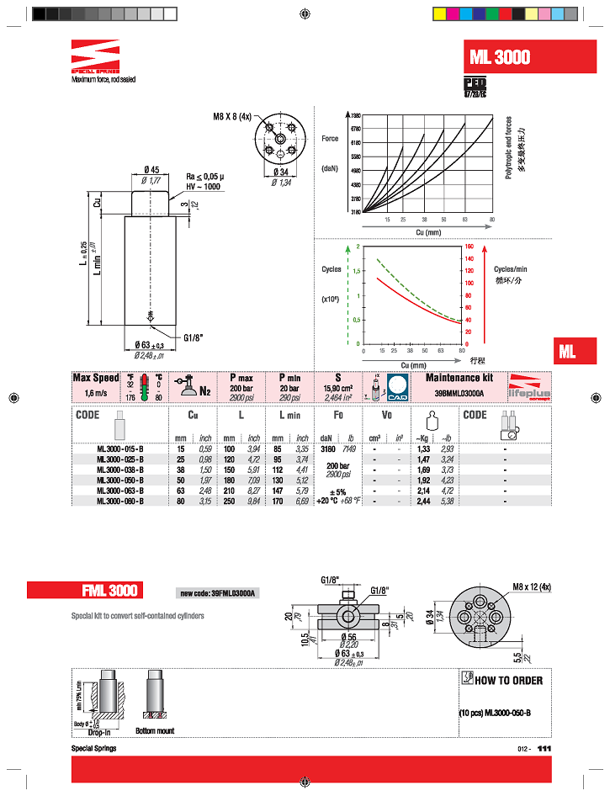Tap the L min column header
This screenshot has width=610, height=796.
(x=288, y=416)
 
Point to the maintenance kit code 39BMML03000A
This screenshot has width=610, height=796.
(x=459, y=392)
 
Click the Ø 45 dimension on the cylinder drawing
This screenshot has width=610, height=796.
(x=152, y=170)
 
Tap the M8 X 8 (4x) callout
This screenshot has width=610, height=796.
(x=232, y=118)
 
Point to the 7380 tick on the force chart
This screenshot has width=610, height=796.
(x=355, y=114)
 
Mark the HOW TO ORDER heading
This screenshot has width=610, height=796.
(x=508, y=680)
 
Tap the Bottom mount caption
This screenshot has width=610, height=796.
(x=154, y=730)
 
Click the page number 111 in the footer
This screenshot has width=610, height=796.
(x=544, y=748)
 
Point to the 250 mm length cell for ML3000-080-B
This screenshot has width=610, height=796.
(x=229, y=501)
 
